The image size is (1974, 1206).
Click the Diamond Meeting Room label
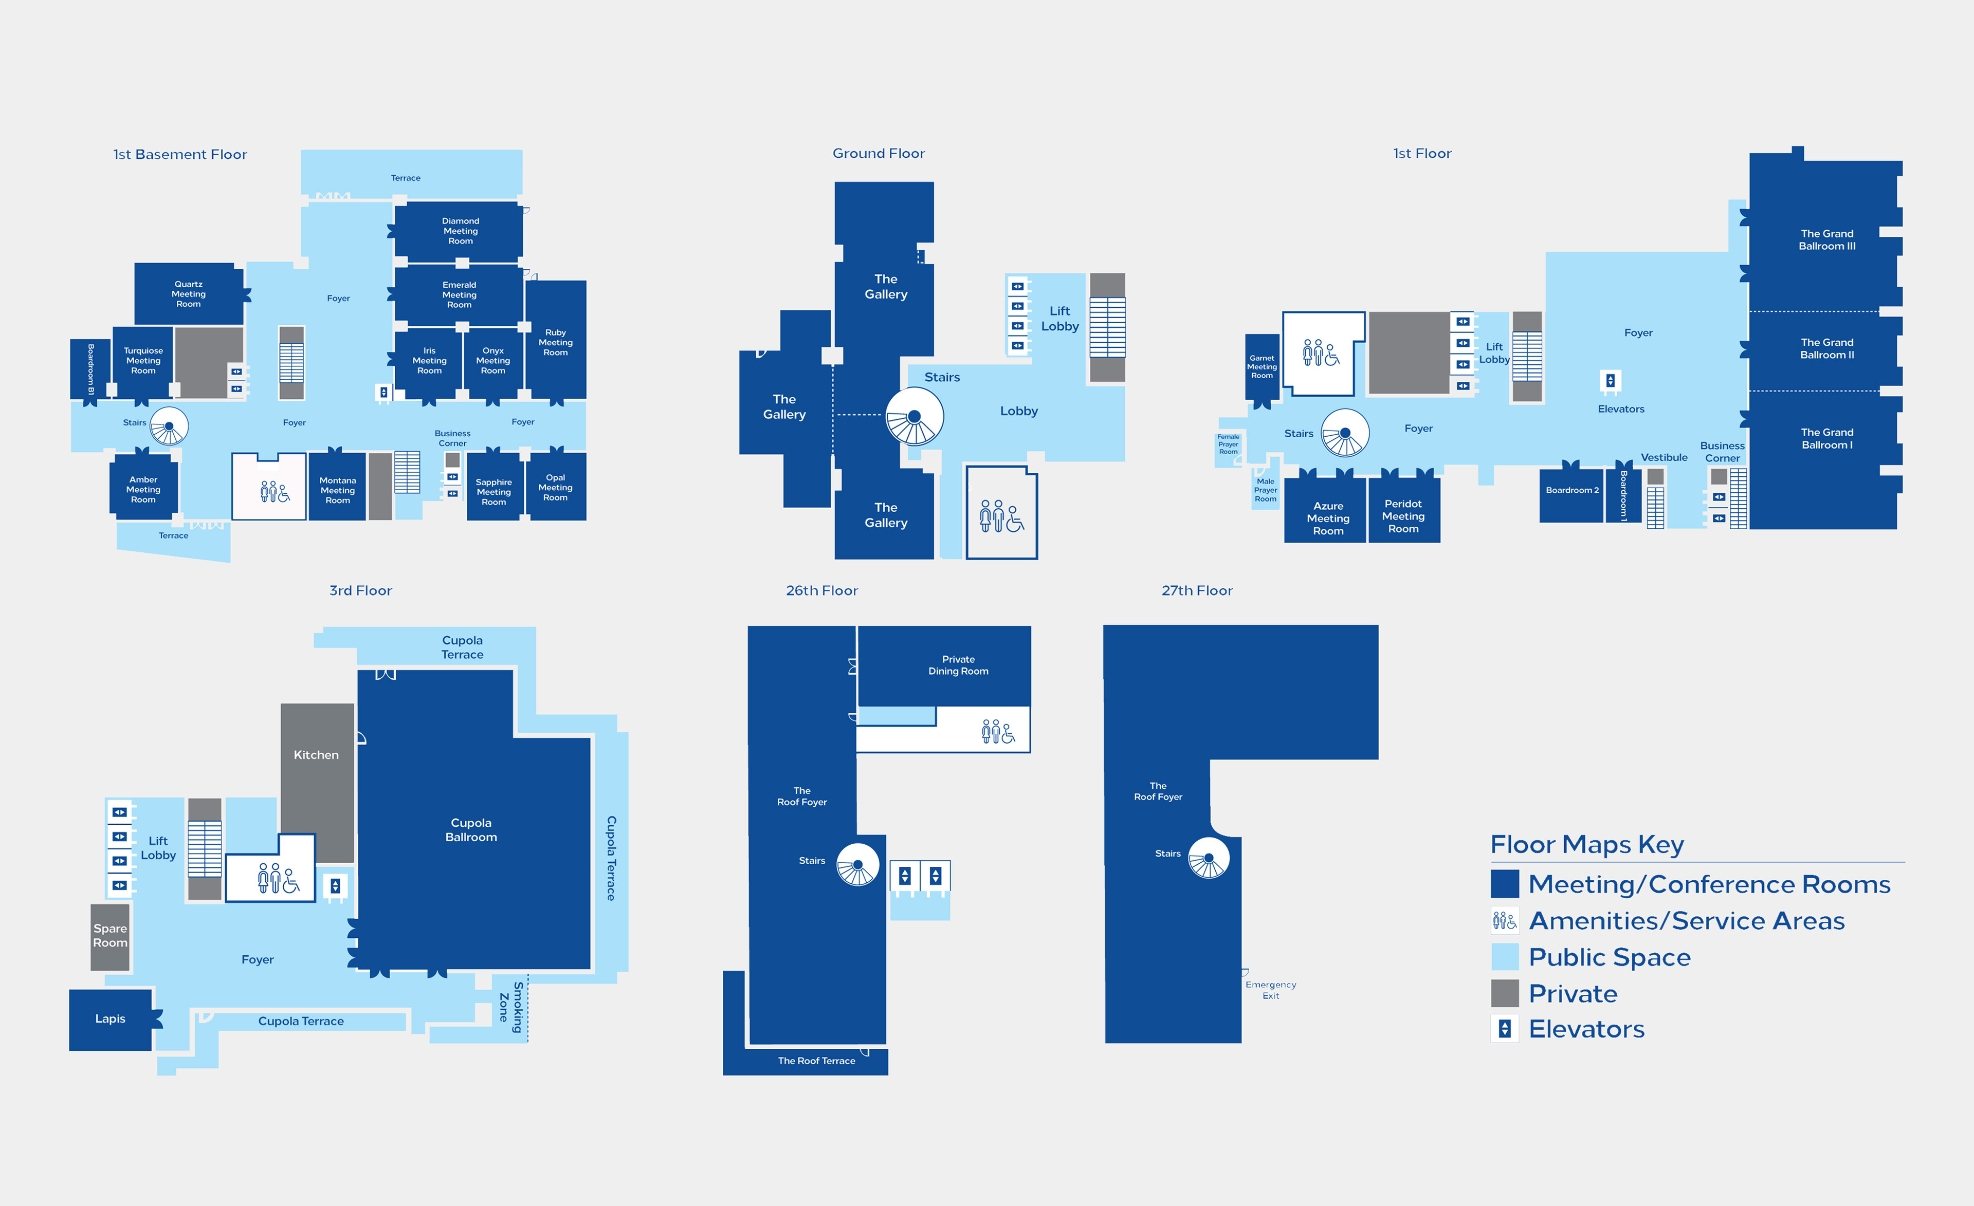[x=460, y=231]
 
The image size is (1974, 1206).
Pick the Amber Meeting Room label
[x=143, y=489]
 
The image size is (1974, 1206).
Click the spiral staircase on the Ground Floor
[x=914, y=416]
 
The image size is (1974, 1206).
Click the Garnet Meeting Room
[x=1262, y=367]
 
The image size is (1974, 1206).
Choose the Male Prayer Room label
[x=1265, y=490]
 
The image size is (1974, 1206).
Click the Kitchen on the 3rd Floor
[x=317, y=783]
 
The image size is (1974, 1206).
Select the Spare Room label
[x=110, y=935]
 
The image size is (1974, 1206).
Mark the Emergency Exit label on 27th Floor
[x=1271, y=990]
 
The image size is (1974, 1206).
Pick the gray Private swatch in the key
[x=1505, y=993]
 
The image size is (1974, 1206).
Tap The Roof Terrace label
[x=816, y=1061]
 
